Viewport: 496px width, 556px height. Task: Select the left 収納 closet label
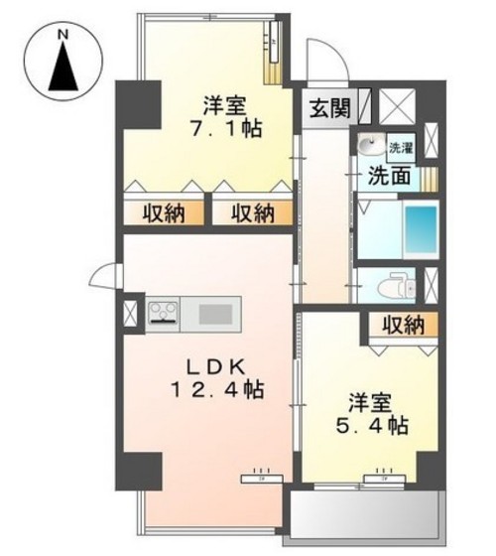pos(162,212)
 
